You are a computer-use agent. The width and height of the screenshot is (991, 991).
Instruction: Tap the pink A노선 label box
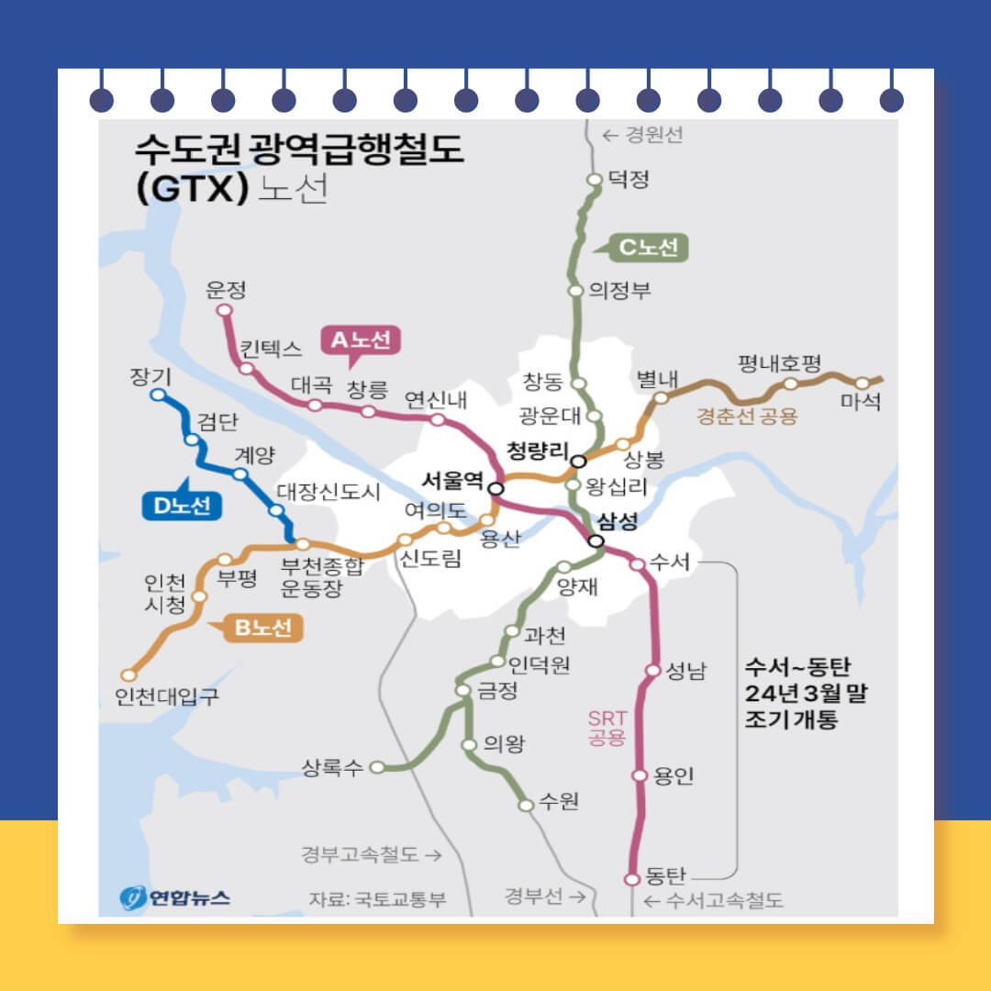pyautogui.click(x=362, y=340)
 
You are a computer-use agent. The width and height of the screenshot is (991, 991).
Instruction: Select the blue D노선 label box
pyautogui.click(x=183, y=506)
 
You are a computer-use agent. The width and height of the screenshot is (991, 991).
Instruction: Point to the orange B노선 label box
pyautogui.click(x=262, y=629)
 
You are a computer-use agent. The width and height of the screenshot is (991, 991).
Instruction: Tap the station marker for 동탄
pyautogui.click(x=631, y=879)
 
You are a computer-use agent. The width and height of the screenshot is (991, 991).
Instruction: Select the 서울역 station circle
pyautogui.click(x=495, y=488)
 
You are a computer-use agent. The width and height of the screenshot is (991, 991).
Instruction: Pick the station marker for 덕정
pyautogui.click(x=594, y=179)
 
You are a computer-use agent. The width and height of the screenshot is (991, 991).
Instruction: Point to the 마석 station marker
pyautogui.click(x=863, y=384)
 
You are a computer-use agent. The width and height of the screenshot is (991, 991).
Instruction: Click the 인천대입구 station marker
pyautogui.click(x=128, y=675)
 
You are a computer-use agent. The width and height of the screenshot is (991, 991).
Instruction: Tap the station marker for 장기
pyautogui.click(x=158, y=395)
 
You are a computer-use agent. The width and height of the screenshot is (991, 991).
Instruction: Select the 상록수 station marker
pyautogui.click(x=376, y=768)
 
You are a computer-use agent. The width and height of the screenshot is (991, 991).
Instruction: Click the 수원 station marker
pyautogui.click(x=526, y=806)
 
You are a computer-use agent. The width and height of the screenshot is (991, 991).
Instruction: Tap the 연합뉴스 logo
pyautogui.click(x=174, y=896)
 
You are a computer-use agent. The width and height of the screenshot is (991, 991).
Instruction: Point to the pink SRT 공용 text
pyautogui.click(x=606, y=728)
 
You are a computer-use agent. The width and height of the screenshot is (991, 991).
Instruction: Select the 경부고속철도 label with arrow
pyautogui.click(x=372, y=854)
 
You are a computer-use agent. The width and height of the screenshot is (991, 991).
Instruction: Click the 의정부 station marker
pyautogui.click(x=575, y=291)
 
